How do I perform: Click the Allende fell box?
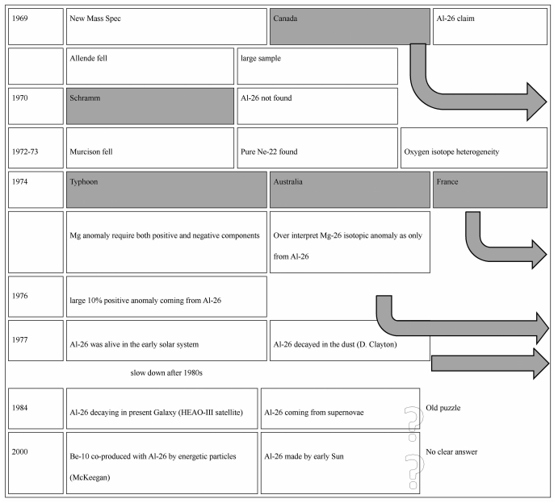click(x=150, y=66)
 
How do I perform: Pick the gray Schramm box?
click(x=150, y=106)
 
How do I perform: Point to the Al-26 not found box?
click(x=317, y=106)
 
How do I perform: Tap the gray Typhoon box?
click(x=166, y=189)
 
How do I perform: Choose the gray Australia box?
click(x=349, y=189)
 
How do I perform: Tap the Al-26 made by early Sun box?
click(x=339, y=463)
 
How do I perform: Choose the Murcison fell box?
click(x=150, y=148)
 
